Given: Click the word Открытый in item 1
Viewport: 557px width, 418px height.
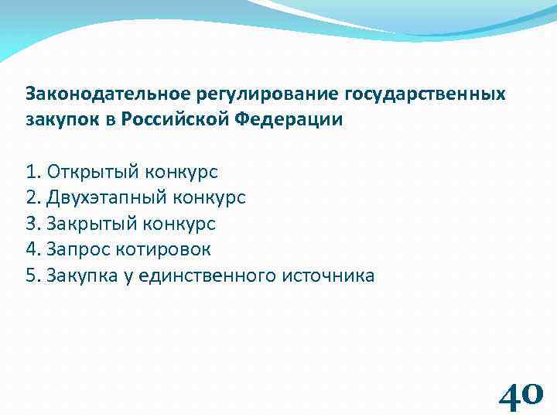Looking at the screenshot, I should click(x=91, y=172).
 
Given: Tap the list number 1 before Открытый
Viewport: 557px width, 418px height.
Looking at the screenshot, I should click(x=32, y=172).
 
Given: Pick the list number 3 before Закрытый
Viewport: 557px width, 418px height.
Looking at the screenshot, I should click(x=32, y=224).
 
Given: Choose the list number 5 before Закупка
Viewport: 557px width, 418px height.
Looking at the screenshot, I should click(x=32, y=276).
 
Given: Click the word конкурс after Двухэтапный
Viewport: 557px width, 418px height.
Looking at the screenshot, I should click(x=207, y=197).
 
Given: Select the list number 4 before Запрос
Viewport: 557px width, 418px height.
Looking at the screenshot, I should click(x=32, y=249).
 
